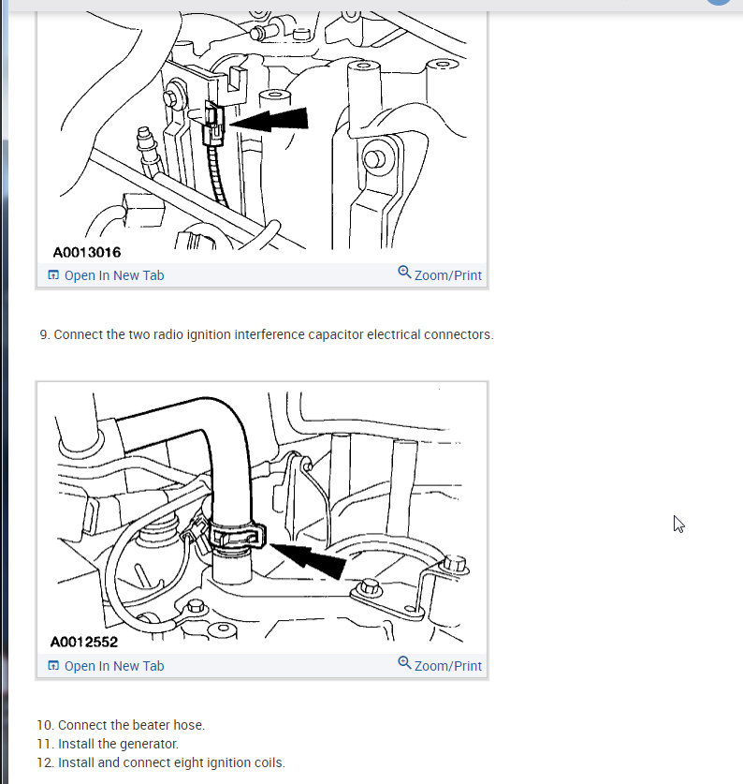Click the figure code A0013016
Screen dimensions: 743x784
pos(87,252)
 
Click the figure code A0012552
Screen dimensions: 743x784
pos(84,642)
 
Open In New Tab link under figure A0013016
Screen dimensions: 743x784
pos(106,275)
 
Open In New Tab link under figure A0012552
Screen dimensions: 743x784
pos(106,666)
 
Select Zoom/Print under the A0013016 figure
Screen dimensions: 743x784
pos(440,274)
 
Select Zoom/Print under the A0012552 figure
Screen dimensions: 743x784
pos(440,665)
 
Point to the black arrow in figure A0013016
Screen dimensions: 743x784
pos(269,120)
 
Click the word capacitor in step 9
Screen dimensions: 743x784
pos(335,334)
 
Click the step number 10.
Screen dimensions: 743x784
pos(45,725)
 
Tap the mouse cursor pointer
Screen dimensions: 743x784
pos(678,524)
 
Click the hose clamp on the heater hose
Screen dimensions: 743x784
pos(237,536)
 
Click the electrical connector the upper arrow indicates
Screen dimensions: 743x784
pos(214,124)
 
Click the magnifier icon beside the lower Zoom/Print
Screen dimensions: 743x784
pos(404,663)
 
